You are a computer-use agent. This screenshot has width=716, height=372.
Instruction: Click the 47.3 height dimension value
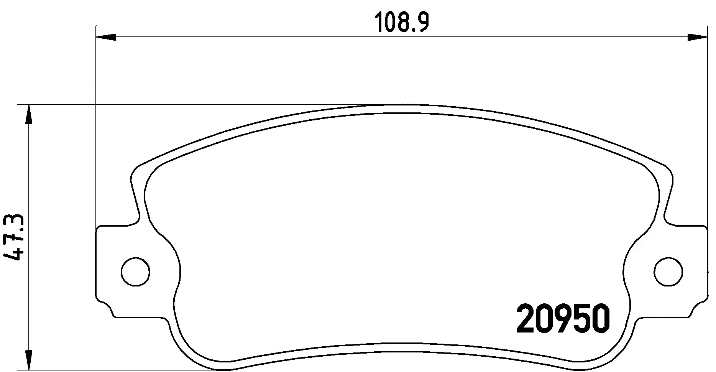point(14,238)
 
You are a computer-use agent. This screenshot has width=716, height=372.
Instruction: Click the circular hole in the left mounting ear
point(135,272)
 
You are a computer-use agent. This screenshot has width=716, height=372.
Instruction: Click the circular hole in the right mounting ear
point(668,272)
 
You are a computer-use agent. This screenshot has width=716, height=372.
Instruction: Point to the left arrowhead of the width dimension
point(106,37)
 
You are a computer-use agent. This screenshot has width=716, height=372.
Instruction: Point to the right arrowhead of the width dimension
point(696,37)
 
